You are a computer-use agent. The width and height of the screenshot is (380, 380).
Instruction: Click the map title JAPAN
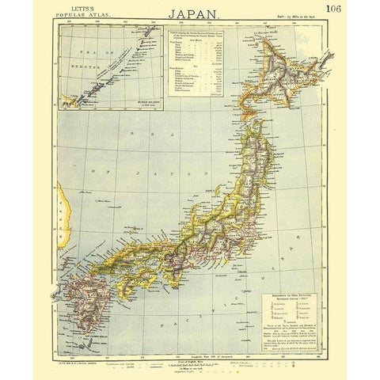click(x=191, y=13)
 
